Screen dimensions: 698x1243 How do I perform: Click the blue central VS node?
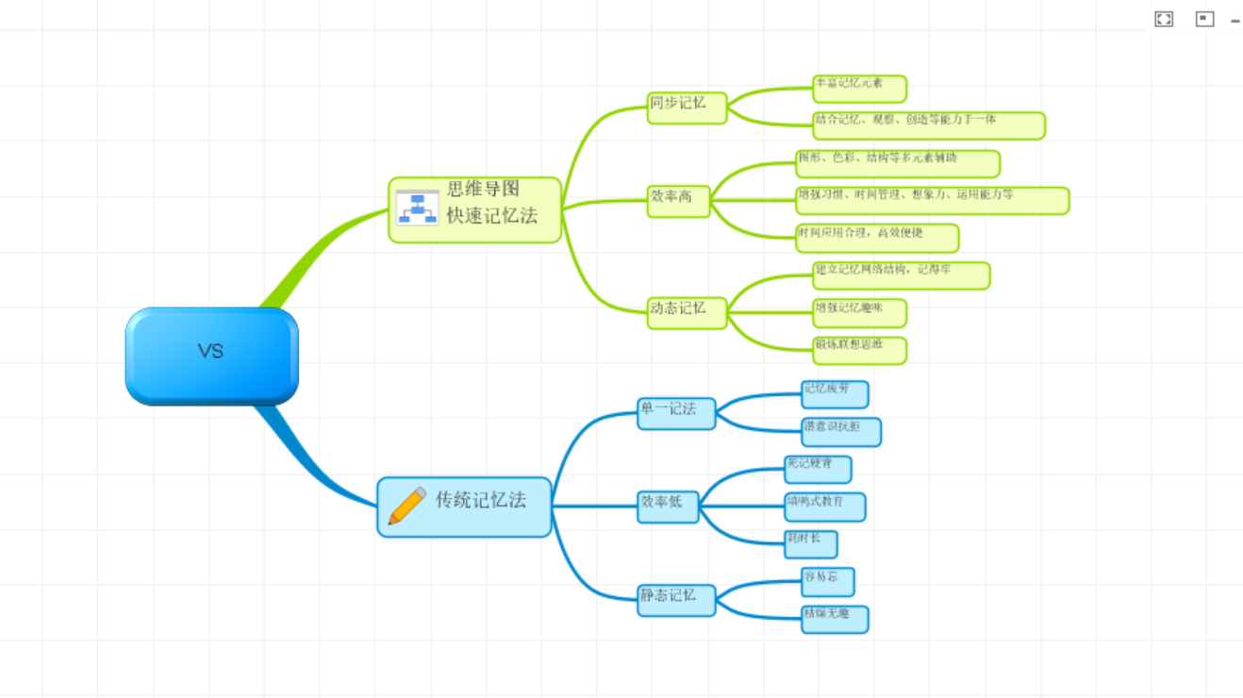coord(211,356)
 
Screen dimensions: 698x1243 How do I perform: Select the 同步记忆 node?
coord(687,107)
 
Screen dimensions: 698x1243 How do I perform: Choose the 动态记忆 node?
coord(687,312)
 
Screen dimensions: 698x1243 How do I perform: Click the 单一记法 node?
coord(676,413)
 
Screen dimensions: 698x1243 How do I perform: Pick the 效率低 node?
coord(668,507)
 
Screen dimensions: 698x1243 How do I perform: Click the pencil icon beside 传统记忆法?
coord(406,506)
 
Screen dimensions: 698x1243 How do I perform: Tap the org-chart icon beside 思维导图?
coord(417,208)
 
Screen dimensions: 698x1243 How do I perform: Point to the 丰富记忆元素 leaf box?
coord(859,89)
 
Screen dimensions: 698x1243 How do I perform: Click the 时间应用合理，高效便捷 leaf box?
coord(877,238)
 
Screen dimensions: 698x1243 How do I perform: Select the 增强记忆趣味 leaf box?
coord(859,312)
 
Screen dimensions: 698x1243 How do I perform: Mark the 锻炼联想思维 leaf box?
coord(859,350)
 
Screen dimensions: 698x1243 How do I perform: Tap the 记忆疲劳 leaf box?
coord(835,394)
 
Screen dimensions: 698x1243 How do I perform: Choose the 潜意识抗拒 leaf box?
coord(841,432)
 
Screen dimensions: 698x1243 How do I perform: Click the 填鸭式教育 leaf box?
coord(825,507)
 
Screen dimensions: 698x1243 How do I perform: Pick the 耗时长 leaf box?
coord(811,544)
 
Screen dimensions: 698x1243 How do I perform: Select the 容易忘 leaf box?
coord(828,581)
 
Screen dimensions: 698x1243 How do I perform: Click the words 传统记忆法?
coord(481,501)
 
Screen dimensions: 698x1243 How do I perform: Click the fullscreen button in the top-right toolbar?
coord(1164,19)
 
